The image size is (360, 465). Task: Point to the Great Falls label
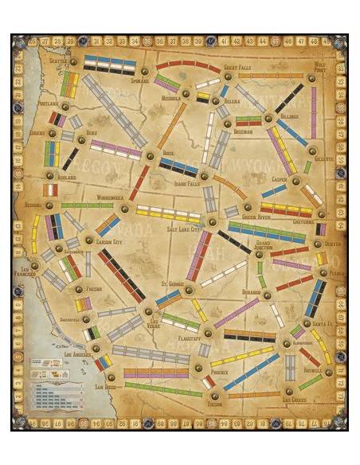(x=237, y=68)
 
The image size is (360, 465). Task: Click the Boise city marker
(x=150, y=156)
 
